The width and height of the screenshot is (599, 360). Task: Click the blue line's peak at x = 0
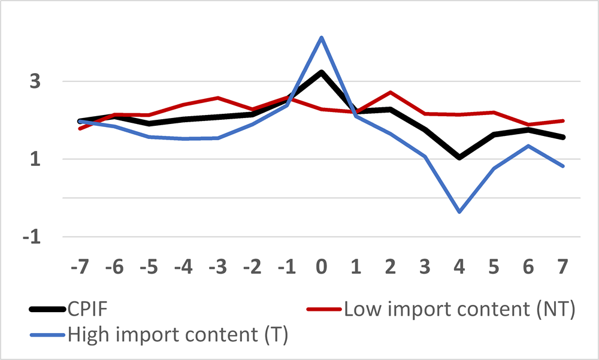click(x=322, y=37)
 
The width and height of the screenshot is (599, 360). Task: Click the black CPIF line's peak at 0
click(x=322, y=72)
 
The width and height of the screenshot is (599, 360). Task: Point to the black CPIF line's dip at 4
click(x=459, y=158)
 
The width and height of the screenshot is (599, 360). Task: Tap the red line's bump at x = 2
click(x=391, y=92)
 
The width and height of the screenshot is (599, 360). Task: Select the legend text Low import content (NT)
click(x=459, y=309)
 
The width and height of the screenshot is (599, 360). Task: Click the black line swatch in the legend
click(x=47, y=310)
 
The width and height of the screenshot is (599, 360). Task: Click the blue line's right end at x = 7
click(x=563, y=166)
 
